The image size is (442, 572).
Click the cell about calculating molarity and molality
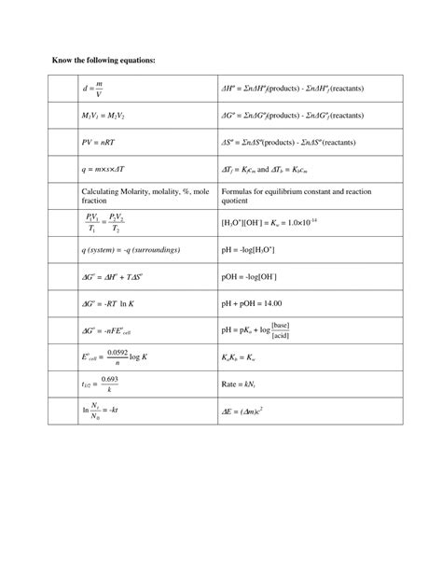click(x=139, y=195)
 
